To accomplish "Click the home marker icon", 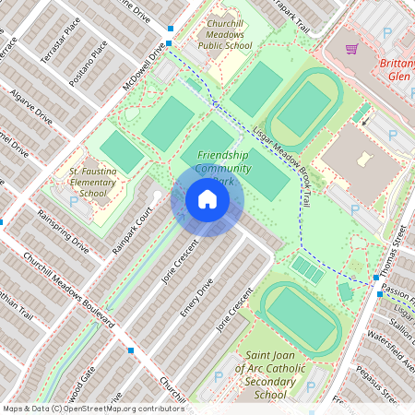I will tap(207, 199).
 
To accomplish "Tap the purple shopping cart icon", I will tap(351, 49).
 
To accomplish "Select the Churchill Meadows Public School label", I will tap(225, 34).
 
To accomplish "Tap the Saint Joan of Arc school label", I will tap(269, 374).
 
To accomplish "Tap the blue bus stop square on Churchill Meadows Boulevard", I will tap(131, 350).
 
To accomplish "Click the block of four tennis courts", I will tap(308, 270).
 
